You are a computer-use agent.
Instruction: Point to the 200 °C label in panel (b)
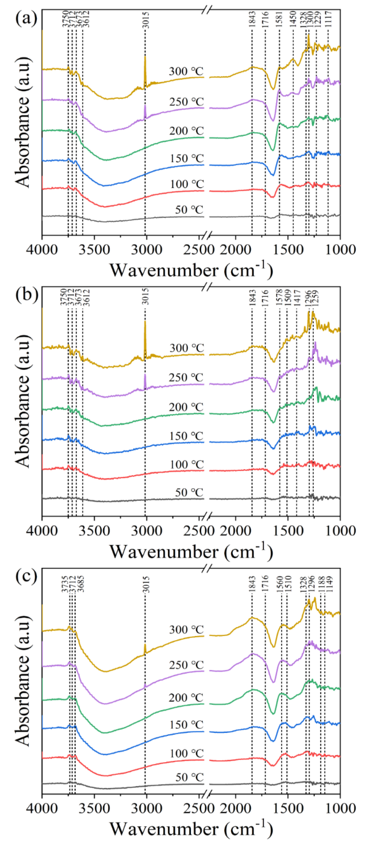[x=186, y=407]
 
